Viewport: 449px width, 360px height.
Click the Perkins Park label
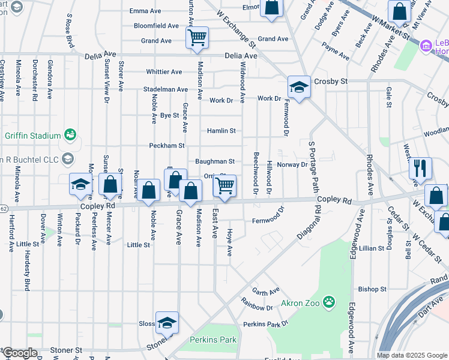point(213,340)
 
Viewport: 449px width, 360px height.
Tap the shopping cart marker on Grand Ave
point(197,38)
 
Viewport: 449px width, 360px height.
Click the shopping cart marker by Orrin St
point(224,186)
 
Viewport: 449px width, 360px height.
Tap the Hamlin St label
point(221,131)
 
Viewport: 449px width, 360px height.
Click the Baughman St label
point(214,161)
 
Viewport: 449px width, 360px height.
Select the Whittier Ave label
point(164,72)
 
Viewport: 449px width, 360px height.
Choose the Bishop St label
point(372,289)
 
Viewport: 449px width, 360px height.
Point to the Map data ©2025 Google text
point(412,355)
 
